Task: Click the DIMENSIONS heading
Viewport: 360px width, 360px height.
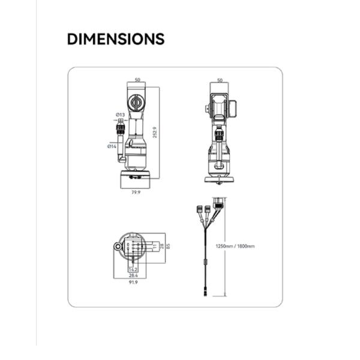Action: (116, 40)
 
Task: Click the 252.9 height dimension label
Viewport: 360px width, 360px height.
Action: (154, 133)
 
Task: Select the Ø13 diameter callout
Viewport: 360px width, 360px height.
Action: (120, 115)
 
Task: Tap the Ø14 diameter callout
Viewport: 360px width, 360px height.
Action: (112, 146)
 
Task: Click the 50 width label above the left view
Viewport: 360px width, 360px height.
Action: (137, 80)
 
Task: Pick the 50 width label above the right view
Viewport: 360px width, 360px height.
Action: (220, 80)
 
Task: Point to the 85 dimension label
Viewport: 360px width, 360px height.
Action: (169, 246)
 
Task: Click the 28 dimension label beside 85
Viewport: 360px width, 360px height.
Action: (160, 246)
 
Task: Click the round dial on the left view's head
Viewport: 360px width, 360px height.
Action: (137, 103)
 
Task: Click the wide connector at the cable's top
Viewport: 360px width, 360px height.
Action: (220, 202)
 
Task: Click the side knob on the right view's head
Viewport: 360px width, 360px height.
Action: (208, 109)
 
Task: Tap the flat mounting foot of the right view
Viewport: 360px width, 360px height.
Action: (220, 178)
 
